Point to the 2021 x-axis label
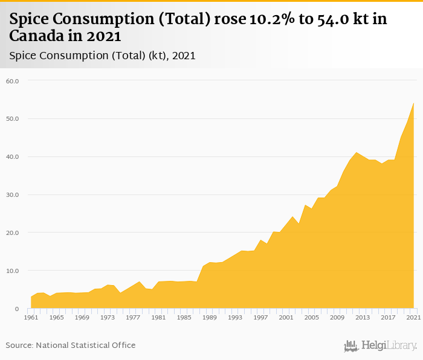[413, 317]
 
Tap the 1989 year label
[210, 317]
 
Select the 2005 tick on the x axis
[311, 317]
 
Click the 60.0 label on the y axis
[12, 80]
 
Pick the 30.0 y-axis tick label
[12, 194]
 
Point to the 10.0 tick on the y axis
[12, 271]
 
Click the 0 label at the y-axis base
[17, 309]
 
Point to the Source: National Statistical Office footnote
[71, 345]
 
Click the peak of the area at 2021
[413, 103]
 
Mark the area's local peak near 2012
[357, 152]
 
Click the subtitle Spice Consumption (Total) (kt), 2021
[102, 56]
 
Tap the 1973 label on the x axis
[108, 317]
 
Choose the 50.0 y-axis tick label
[12, 118]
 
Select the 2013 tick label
[363, 317]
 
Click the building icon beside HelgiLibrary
[351, 346]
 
